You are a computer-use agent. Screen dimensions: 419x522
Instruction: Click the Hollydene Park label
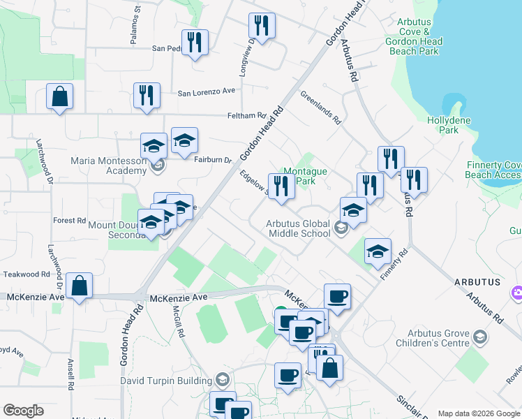pyautogui.click(x=442, y=125)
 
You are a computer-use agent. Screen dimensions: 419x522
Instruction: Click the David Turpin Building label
pyautogui.click(x=166, y=381)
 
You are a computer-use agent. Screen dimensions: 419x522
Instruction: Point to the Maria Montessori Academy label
pyautogui.click(x=109, y=166)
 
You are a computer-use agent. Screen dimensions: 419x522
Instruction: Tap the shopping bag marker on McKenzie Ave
pyautogui.click(x=80, y=286)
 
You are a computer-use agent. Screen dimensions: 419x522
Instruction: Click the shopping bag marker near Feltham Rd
pyautogui.click(x=60, y=96)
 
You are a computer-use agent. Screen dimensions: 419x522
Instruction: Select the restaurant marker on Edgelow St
pyautogui.click(x=281, y=187)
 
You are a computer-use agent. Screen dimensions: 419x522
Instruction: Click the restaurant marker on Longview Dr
pyautogui.click(x=262, y=27)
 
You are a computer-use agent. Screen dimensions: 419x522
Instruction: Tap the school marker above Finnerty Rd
pyautogui.click(x=378, y=251)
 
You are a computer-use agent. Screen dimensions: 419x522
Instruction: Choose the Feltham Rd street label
pyautogui.click(x=246, y=116)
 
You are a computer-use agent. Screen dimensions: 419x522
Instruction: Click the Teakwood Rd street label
pyautogui.click(x=26, y=274)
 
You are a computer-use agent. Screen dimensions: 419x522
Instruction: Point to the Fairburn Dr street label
pyautogui.click(x=212, y=160)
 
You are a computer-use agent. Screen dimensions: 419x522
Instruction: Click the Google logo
pyautogui.click(x=23, y=411)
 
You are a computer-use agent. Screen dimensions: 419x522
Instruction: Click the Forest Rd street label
pyautogui.click(x=69, y=220)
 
